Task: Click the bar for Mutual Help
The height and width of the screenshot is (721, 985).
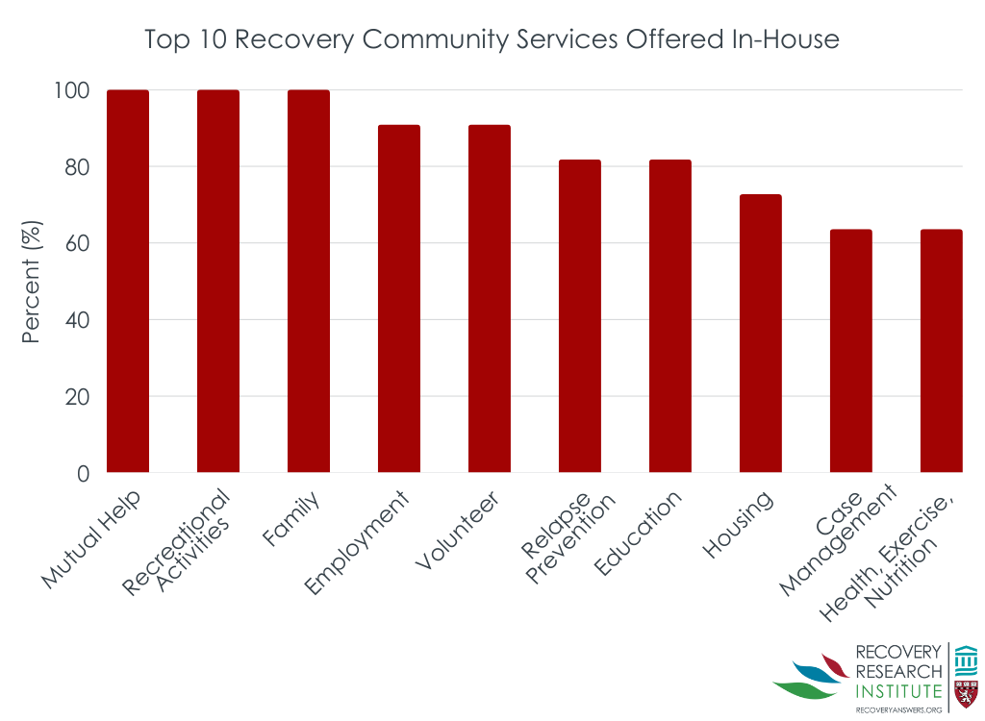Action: pyautogui.click(x=128, y=281)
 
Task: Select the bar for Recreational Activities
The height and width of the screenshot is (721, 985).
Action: pyautogui.click(x=218, y=281)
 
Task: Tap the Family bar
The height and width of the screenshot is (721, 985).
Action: pyautogui.click(x=309, y=281)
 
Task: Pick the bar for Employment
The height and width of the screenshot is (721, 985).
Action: pyautogui.click(x=399, y=298)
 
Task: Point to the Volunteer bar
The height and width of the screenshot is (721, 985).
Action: pyautogui.click(x=490, y=298)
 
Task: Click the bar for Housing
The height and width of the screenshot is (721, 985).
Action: pyautogui.click(x=761, y=333)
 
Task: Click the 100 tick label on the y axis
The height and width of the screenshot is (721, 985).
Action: pyautogui.click(x=70, y=91)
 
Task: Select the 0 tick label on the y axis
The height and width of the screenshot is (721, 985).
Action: pyautogui.click(x=83, y=474)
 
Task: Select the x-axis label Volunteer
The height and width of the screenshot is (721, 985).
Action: pyautogui.click(x=457, y=534)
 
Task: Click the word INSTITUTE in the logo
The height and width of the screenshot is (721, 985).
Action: pyautogui.click(x=898, y=690)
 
